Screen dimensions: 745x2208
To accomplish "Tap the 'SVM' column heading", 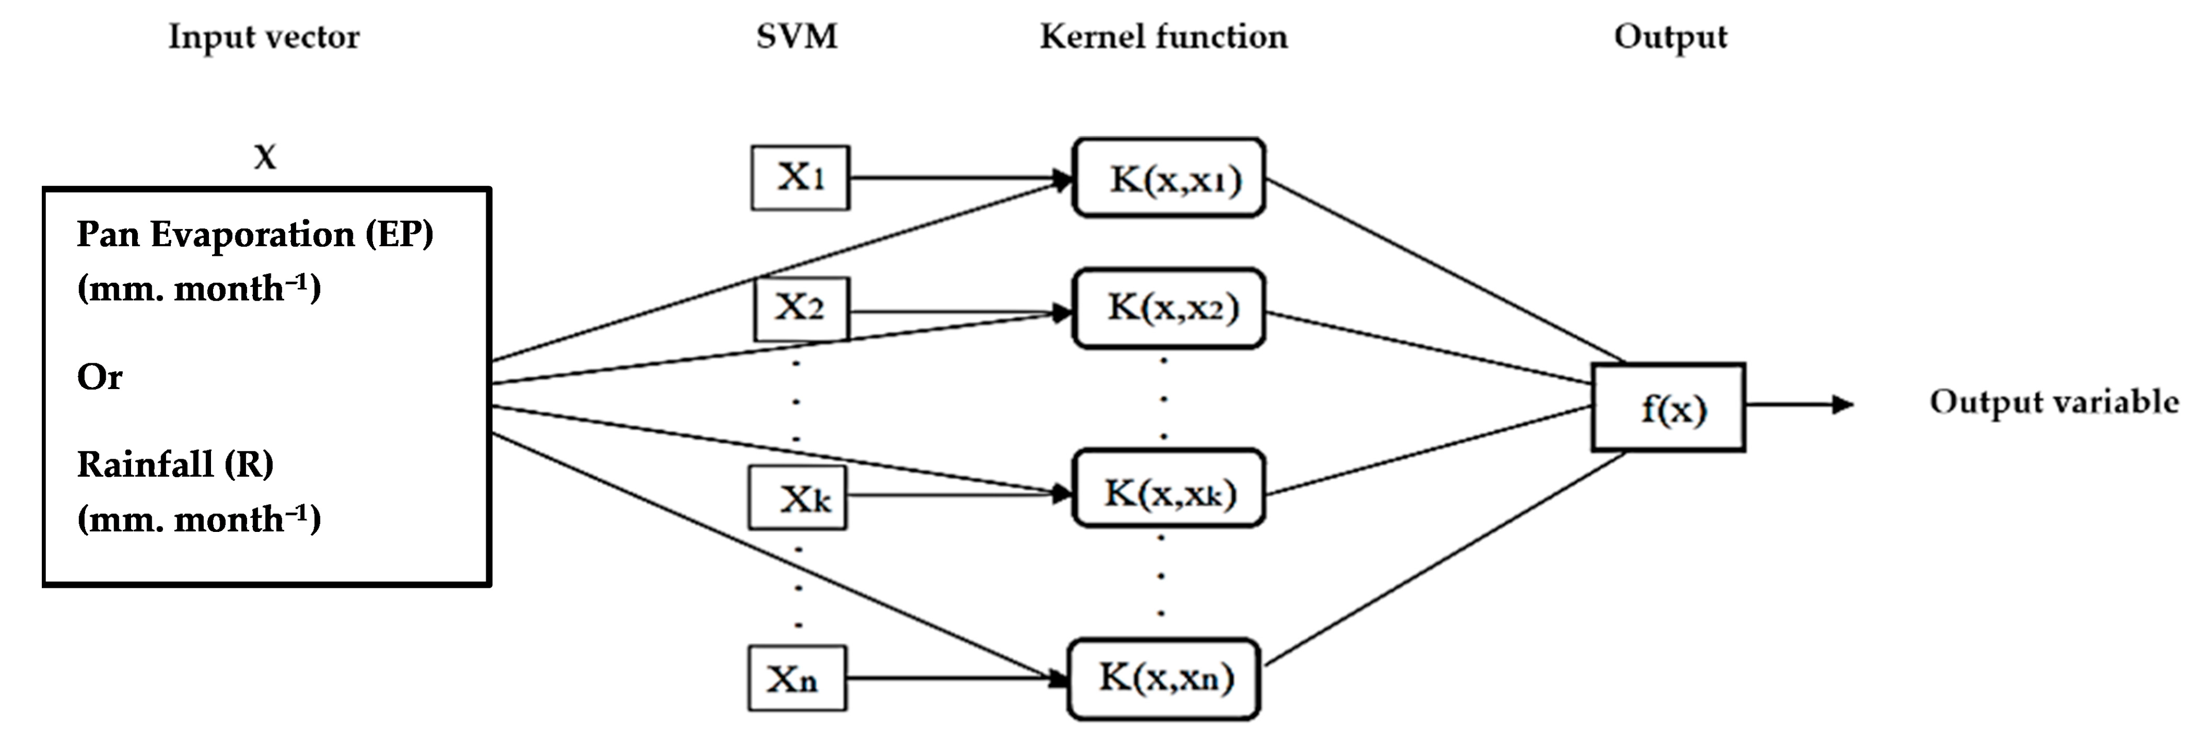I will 797,37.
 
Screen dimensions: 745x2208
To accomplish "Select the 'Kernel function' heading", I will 1163,37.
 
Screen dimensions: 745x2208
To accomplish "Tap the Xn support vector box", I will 797,678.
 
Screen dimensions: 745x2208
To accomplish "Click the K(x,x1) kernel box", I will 1168,177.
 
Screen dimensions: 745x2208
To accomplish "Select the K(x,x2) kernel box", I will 1168,308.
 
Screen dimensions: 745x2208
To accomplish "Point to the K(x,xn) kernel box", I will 1164,678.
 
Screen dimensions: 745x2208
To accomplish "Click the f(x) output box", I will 1668,407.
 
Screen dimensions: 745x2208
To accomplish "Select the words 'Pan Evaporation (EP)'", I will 254,234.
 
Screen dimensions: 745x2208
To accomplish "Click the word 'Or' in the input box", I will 100,376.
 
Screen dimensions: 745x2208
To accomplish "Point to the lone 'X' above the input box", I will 265,157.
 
